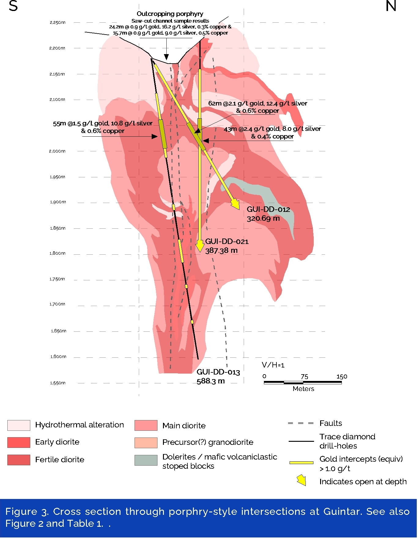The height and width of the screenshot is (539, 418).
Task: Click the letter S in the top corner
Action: [x=13, y=6]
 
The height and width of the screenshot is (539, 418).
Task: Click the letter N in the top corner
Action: [x=391, y=6]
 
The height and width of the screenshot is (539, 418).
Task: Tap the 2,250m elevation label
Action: [x=57, y=22]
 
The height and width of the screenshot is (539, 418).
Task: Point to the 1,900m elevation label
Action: [x=58, y=202]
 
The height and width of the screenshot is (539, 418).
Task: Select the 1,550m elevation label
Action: [x=58, y=383]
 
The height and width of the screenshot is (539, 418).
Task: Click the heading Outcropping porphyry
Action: [x=170, y=14]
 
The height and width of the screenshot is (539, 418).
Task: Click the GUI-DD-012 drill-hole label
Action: [x=268, y=210]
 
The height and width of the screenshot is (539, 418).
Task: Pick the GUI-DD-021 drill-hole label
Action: [x=227, y=242]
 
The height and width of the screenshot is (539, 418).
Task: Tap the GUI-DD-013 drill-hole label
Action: [x=218, y=372]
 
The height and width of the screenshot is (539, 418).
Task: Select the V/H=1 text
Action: [x=273, y=365]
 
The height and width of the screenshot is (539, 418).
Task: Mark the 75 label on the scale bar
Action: [x=304, y=377]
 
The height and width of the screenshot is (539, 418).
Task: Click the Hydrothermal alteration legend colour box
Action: [x=19, y=425]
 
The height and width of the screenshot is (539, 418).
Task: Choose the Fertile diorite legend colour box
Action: [x=19, y=460]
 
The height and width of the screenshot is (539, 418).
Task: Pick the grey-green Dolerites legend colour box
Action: [x=146, y=460]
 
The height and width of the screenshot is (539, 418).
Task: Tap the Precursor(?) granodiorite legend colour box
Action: [x=146, y=443]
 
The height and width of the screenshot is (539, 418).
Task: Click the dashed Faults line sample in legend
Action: [x=301, y=423]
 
